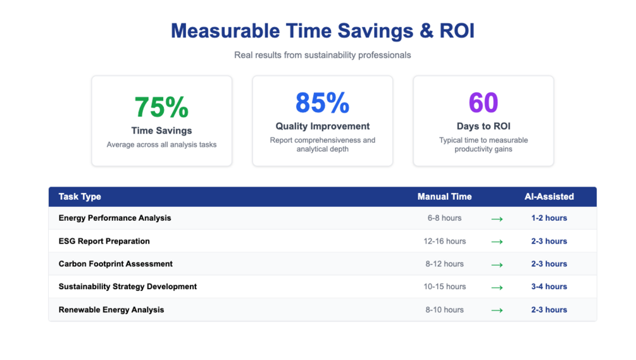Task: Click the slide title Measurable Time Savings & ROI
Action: pyautogui.click(x=322, y=30)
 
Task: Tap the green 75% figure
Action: pyautogui.click(x=161, y=107)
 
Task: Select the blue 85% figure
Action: pyautogui.click(x=322, y=102)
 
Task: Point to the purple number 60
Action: pyautogui.click(x=483, y=102)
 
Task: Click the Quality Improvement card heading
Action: pyautogui.click(x=322, y=126)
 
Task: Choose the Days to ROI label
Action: pyautogui.click(x=483, y=126)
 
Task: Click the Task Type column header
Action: pyautogui.click(x=80, y=197)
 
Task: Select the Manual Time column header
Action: pyautogui.click(x=444, y=197)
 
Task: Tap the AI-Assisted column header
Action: pyautogui.click(x=549, y=197)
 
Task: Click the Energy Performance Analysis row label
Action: pyautogui.click(x=115, y=218)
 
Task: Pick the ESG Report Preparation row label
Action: pyautogui.click(x=104, y=241)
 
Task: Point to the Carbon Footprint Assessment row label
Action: pyautogui.click(x=116, y=264)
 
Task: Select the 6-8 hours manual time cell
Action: pyautogui.click(x=444, y=218)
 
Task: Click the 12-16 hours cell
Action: pyautogui.click(x=444, y=241)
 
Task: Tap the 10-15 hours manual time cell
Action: pyautogui.click(x=444, y=287)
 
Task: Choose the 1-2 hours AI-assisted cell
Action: pyautogui.click(x=549, y=218)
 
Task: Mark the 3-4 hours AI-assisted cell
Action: pyautogui.click(x=549, y=287)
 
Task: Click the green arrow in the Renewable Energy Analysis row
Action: pyautogui.click(x=497, y=310)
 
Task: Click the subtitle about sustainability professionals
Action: pyautogui.click(x=322, y=55)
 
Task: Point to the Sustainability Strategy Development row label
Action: pyautogui.click(x=128, y=287)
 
